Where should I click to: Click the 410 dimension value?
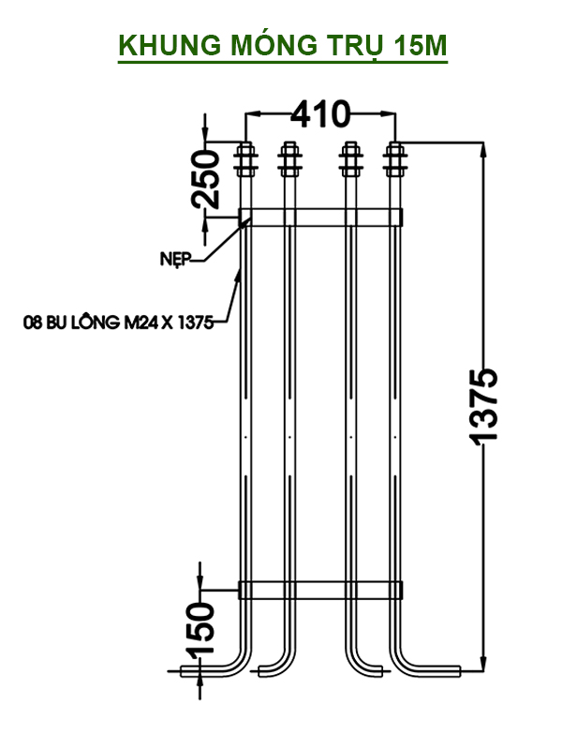[x=319, y=114]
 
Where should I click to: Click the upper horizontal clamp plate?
[x=321, y=217]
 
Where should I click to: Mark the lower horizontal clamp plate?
[x=321, y=590]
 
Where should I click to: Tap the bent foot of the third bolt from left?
[x=368, y=667]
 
